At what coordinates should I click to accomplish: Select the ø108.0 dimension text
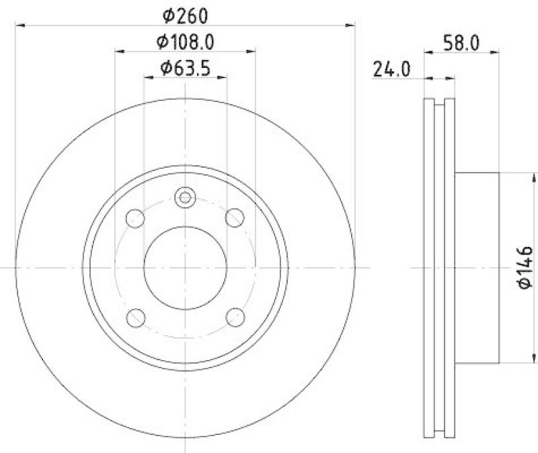[186, 42]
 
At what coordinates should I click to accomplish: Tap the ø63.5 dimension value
[186, 68]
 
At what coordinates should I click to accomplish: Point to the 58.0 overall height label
[461, 42]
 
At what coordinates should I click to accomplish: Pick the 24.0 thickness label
[392, 69]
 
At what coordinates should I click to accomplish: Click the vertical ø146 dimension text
[525, 269]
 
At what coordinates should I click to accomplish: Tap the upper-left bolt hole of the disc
[136, 218]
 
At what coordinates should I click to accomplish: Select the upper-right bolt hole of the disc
[234, 217]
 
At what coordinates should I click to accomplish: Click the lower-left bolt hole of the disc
[137, 316]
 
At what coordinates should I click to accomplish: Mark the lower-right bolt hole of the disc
[235, 316]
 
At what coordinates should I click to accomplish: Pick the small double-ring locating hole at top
[184, 197]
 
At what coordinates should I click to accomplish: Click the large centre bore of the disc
[185, 267]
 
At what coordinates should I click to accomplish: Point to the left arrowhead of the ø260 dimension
[19, 26]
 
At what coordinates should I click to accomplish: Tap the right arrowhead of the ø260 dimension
[350, 26]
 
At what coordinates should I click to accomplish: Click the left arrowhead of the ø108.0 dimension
[119, 50]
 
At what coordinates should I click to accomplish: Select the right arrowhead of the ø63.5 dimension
[223, 77]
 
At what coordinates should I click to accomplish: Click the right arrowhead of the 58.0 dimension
[495, 50]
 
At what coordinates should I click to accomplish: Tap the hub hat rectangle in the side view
[477, 267]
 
